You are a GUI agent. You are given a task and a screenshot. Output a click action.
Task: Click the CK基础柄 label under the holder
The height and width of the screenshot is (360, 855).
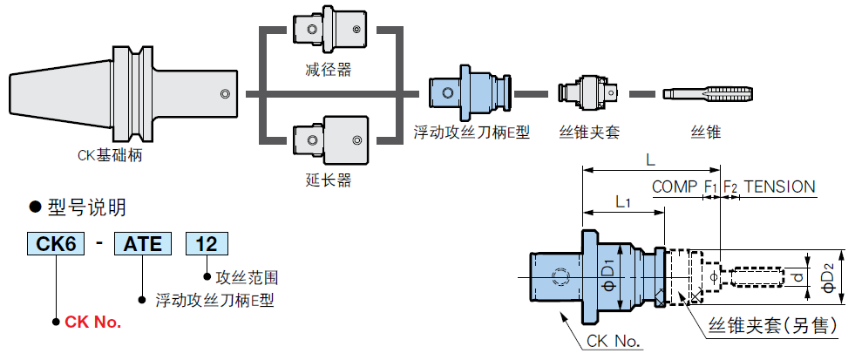(x=110, y=156)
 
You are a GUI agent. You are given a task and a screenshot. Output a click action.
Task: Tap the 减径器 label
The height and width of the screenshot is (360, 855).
(x=329, y=70)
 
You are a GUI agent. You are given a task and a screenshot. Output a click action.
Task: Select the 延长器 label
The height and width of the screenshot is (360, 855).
(x=329, y=180)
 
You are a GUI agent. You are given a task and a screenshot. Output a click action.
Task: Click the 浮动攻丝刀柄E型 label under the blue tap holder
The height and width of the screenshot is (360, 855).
(x=472, y=133)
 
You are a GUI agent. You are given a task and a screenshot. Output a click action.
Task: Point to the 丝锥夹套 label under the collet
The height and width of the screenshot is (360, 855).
(x=589, y=133)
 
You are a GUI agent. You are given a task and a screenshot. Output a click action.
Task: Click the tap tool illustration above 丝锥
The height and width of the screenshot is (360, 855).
(x=704, y=93)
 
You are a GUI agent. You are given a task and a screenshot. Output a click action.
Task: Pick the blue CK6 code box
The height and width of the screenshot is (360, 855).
(x=57, y=243)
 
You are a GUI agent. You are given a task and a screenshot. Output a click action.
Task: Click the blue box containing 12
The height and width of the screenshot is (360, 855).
(x=207, y=243)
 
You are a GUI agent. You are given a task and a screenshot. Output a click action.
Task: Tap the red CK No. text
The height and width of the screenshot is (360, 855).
(x=93, y=322)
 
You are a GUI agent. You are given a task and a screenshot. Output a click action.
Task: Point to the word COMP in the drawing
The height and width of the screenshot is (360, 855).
(x=675, y=187)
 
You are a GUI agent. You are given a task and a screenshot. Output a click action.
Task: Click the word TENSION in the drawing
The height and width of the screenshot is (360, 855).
(x=780, y=187)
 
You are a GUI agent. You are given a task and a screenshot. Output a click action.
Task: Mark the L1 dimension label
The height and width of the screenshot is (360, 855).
(x=623, y=202)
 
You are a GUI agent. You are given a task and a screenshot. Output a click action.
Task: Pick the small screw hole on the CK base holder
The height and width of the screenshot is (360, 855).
(x=224, y=93)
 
